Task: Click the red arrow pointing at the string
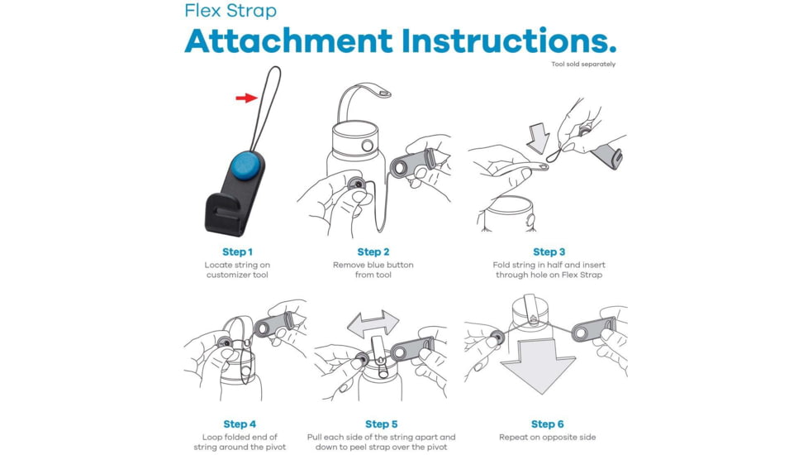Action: tap(246, 98)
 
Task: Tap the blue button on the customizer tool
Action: tap(245, 165)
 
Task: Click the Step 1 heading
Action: tap(238, 251)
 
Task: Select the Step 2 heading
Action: tap(373, 251)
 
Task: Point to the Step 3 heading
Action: tap(549, 251)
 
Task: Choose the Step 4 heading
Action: tap(240, 424)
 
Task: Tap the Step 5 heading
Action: tap(382, 424)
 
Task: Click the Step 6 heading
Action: tap(547, 424)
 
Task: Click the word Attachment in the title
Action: tap(288, 41)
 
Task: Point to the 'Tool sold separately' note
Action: tap(583, 65)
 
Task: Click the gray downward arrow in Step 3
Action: tap(538, 137)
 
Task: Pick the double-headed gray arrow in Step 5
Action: tap(373, 324)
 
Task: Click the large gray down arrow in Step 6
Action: tap(538, 365)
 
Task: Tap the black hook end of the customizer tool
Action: tap(222, 214)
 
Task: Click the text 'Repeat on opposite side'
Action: tap(547, 438)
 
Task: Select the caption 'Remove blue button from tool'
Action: tap(373, 270)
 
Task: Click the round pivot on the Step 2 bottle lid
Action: tap(367, 146)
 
